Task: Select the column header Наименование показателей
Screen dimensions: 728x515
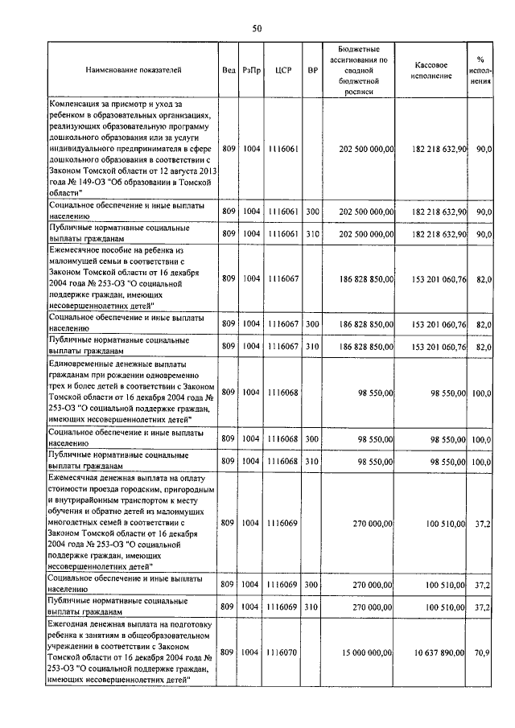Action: [133, 70]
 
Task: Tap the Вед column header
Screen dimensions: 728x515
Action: [229, 70]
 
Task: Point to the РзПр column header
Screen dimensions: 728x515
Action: [252, 70]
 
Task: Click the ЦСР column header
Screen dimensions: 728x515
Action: [282, 70]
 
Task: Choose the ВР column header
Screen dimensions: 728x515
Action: [312, 70]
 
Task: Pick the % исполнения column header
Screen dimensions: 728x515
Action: [480, 70]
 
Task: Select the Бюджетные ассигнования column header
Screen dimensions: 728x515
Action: [359, 70]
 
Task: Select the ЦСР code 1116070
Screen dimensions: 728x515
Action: [282, 653]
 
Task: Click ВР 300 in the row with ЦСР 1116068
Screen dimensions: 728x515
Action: [312, 439]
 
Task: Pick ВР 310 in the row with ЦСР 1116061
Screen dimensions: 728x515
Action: [312, 233]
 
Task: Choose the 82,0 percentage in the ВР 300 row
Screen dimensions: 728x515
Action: [484, 323]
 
